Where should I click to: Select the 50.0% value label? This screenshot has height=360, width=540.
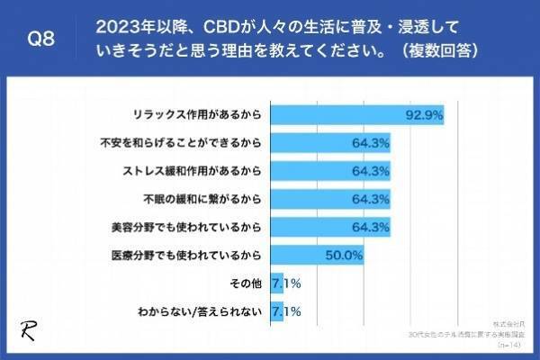click(x=343, y=256)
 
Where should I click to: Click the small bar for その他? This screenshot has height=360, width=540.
click(x=276, y=283)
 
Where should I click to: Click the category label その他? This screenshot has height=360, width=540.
click(x=246, y=283)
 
